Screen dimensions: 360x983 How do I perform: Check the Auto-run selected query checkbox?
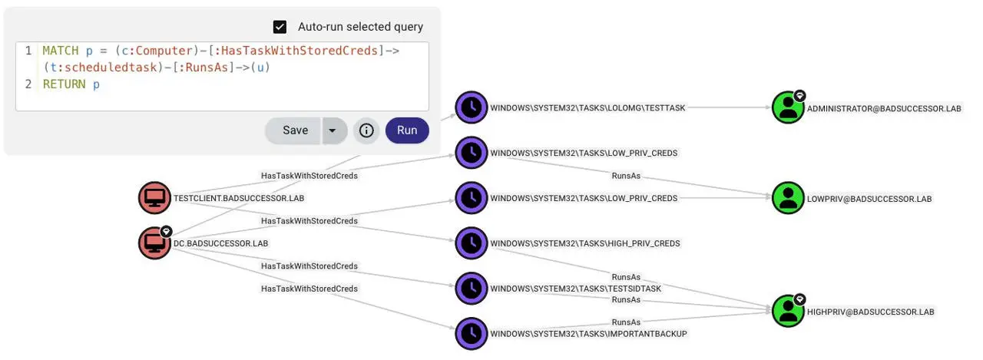(280, 27)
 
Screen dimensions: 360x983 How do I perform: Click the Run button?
(407, 130)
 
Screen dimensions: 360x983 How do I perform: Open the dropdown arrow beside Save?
(333, 130)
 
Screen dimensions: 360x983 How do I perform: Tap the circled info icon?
(366, 130)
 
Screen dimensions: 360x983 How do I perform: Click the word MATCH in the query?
(61, 51)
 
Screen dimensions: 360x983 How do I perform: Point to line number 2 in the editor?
(28, 84)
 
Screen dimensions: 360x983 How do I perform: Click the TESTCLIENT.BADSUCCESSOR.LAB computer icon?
(154, 198)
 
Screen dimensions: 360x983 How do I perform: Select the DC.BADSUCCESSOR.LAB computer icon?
(154, 243)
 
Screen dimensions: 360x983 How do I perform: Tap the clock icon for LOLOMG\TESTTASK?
(472, 108)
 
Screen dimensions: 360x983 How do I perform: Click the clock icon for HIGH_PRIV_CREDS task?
(472, 243)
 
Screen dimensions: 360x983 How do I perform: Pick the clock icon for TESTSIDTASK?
(472, 288)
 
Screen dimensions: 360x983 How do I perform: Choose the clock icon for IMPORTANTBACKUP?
(472, 333)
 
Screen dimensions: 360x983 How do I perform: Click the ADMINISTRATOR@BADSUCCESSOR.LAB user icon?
(787, 108)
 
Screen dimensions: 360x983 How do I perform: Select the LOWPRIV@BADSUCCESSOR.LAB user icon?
(787, 198)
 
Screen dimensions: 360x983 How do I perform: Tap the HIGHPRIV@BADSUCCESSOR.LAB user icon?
(787, 311)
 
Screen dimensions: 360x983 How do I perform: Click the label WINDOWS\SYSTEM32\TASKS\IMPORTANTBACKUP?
(588, 334)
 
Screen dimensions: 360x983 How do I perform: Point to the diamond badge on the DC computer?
(167, 231)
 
